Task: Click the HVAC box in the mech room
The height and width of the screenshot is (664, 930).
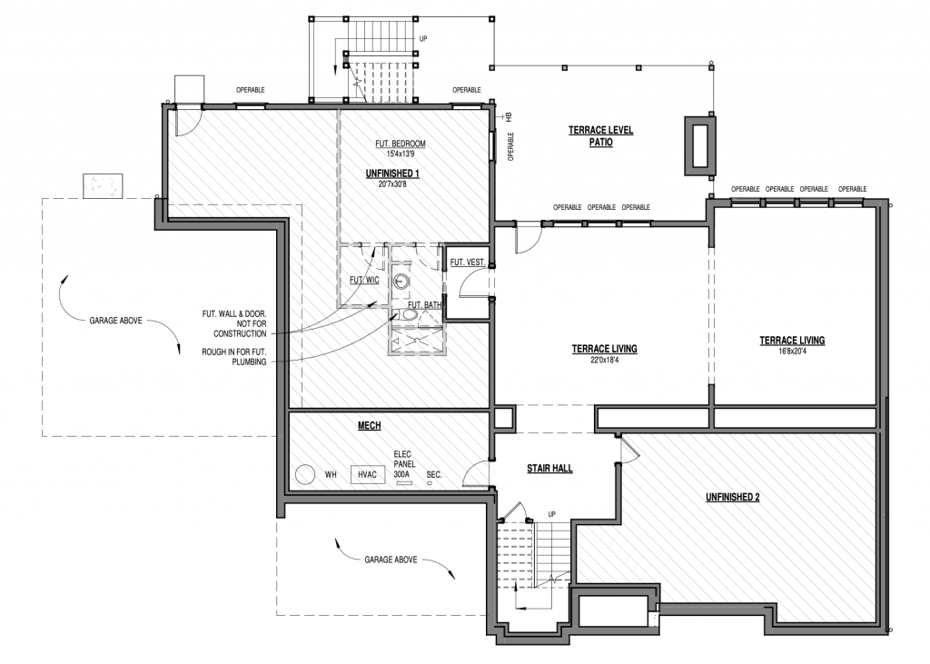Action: click(367, 474)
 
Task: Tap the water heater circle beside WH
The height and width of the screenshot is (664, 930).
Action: click(305, 474)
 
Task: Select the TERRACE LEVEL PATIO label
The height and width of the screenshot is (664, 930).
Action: click(601, 136)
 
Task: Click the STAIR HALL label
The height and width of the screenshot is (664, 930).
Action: click(549, 468)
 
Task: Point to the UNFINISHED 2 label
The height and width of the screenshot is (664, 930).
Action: click(733, 497)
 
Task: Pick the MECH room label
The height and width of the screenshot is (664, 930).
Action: click(369, 425)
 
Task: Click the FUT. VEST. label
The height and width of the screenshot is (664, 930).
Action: click(468, 262)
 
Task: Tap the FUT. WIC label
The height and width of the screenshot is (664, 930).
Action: click(364, 280)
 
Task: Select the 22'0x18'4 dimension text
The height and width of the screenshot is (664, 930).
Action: click(604, 360)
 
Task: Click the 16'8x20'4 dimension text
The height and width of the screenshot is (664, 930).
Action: click(792, 351)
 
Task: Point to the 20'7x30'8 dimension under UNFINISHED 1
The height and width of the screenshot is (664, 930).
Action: click(392, 184)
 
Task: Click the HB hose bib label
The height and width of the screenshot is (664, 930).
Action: click(509, 117)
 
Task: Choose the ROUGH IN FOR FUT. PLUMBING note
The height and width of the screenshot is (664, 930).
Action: click(233, 357)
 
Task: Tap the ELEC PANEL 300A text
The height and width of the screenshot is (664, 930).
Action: click(404, 464)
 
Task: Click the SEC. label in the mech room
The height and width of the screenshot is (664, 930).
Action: click(434, 475)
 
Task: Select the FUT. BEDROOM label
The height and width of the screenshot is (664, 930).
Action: click(401, 144)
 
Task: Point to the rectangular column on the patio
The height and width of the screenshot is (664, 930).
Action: click(700, 146)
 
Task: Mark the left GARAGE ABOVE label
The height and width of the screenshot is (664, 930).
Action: click(115, 321)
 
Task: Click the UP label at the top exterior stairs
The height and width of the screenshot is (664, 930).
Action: click(423, 38)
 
